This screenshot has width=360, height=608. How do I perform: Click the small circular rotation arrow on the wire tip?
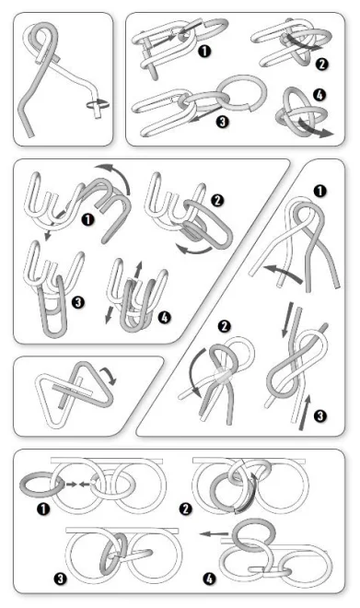click(98, 104)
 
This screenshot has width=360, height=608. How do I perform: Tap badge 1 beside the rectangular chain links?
click(204, 52)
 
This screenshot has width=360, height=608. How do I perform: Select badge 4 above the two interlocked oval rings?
click(319, 94)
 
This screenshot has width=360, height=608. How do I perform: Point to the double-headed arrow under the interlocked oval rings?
click(316, 128)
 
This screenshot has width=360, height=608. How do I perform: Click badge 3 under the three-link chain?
click(222, 122)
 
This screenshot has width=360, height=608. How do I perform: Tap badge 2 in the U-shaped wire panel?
click(217, 200)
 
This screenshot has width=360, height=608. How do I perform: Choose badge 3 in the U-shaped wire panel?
click(78, 302)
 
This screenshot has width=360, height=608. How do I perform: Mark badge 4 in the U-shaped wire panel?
click(164, 317)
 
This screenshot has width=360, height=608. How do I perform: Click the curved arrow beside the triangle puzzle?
click(109, 376)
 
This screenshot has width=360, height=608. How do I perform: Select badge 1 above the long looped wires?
click(319, 191)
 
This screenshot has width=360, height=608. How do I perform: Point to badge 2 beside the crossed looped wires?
click(225, 326)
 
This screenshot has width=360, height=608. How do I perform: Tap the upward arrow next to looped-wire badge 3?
click(305, 412)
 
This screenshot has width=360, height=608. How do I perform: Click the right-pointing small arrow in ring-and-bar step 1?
click(71, 484)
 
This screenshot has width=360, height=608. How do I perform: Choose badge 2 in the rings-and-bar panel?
click(186, 509)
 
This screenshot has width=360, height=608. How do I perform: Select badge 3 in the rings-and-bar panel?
click(60, 579)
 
